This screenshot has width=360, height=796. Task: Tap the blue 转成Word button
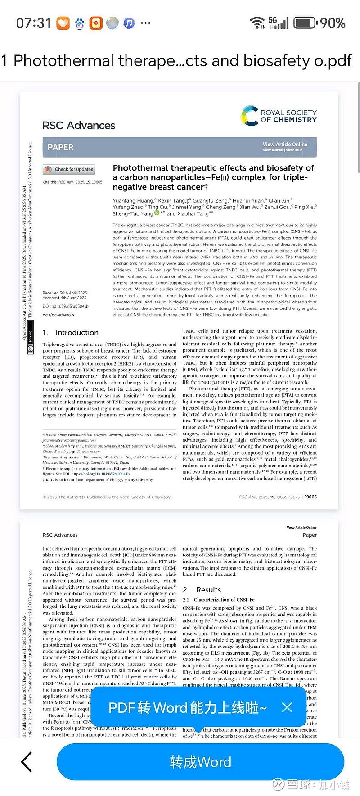coord(200,762)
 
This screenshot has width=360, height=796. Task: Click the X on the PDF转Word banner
coord(287,707)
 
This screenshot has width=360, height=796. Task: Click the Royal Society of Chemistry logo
coord(279,116)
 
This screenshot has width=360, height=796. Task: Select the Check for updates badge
coord(69,169)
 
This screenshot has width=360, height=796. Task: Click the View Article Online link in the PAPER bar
coord(285,145)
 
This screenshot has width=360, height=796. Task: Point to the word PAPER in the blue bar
coord(61,147)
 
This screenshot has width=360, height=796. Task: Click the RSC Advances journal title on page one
coord(79,126)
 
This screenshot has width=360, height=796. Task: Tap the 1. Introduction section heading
coord(71,333)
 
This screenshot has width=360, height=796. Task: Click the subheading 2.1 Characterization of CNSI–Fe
coord(219,600)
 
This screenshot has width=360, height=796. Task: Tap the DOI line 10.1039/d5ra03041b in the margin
coord(66,306)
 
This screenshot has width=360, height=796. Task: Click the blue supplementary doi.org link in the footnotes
coord(100,474)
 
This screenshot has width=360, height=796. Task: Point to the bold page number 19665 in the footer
coord(310,497)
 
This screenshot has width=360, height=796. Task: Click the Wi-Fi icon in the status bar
coord(257,23)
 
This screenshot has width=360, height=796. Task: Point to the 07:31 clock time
coord(34,23)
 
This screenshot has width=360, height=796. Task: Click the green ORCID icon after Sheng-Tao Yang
coord(157,213)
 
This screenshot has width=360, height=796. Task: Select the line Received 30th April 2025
coord(65,293)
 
